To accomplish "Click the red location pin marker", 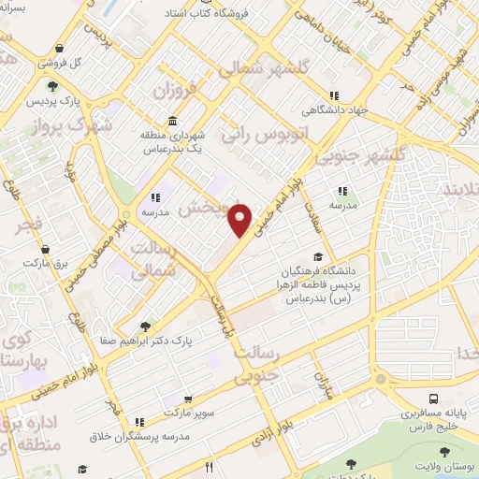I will click(240, 218).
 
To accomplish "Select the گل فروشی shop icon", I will click(59, 49).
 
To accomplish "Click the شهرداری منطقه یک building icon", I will click(173, 122).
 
